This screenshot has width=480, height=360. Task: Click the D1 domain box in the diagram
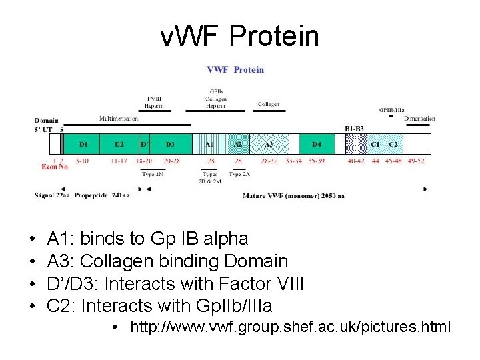pos(83,144)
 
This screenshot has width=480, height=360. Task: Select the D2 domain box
pos(119,144)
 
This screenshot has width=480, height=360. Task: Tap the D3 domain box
pos(171,144)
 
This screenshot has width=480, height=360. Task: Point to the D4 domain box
pos(317,144)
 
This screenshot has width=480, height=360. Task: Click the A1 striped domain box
pos(209,144)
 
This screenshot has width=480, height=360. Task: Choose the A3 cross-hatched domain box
pos(269,144)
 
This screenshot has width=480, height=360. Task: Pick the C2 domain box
pos(393,144)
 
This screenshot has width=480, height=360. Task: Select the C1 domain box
pos(375,144)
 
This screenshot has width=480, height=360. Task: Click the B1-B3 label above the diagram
pos(355,128)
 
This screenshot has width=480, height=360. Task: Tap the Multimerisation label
pos(119,118)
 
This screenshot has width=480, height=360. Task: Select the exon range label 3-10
pos(82,161)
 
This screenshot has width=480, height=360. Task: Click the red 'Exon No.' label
pos(55,167)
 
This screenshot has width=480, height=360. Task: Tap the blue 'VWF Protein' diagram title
pos(235,69)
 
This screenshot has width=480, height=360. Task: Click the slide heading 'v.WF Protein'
pos(239,36)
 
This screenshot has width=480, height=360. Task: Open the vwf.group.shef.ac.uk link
pos(291,327)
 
